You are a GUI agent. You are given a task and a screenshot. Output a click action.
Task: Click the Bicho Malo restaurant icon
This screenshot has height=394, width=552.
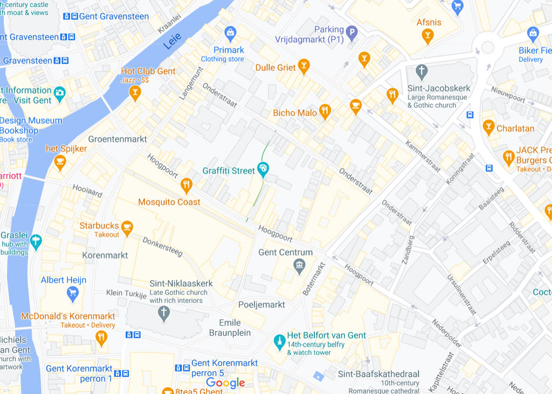325,111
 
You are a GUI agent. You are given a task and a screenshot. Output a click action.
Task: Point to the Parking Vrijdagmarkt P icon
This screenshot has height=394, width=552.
351,34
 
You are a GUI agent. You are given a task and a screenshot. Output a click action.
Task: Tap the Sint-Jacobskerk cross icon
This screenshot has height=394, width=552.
422,71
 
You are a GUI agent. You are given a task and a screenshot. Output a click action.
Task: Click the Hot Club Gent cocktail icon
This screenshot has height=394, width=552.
135,93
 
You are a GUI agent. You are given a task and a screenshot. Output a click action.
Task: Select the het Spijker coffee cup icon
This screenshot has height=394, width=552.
60,161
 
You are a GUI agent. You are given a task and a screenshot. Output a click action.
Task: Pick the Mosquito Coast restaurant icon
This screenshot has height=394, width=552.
187,185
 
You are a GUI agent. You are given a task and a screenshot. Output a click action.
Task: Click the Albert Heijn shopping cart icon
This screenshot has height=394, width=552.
72,293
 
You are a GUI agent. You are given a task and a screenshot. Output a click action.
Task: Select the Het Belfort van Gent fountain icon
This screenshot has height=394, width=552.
279,341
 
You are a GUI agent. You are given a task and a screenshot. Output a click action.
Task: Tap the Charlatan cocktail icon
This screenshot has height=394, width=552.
488,128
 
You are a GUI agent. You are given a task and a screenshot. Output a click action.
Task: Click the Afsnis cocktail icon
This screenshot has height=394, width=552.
427,36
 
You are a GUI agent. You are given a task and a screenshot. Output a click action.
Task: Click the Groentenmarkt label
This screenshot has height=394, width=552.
118,139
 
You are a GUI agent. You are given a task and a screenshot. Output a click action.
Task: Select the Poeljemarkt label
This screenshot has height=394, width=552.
261,305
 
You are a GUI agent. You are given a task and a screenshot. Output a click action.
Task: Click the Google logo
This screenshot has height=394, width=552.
225,383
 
